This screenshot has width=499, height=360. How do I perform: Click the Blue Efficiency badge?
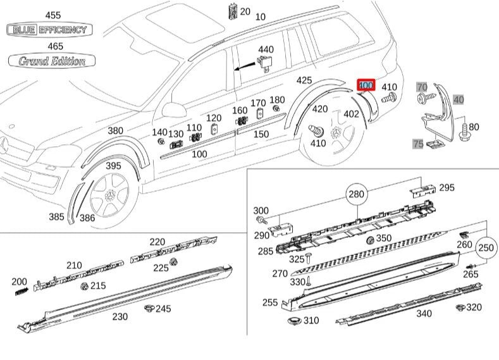coord(49,30)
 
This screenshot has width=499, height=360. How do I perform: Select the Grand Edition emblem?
coord(52,61)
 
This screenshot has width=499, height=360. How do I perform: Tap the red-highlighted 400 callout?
coord(366,85)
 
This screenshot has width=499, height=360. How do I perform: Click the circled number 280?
coord(357,194)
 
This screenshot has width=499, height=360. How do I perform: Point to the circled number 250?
coord(486,247)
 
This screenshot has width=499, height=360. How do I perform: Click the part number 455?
coord(53,15)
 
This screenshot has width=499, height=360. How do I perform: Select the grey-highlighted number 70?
coord(422,87)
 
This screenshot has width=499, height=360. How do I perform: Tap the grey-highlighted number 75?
coord(418,144)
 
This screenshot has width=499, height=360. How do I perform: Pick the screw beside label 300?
coord(260,220)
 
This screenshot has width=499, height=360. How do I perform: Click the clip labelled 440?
coord(264,63)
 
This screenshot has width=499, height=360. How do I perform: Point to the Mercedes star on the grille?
coord(4,146)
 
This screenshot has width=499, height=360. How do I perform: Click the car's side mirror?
coord(174,110)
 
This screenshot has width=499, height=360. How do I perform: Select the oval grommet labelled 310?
coord(294,321)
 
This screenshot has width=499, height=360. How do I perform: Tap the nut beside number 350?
coord(370,240)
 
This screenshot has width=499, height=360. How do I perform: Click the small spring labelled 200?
coord(22,291)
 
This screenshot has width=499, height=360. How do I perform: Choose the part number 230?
coord(120,316)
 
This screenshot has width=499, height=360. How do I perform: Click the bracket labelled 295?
coord(422,191)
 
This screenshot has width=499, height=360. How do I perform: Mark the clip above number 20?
coord(233,12)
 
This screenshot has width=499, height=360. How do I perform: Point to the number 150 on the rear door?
coord(261,134)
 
